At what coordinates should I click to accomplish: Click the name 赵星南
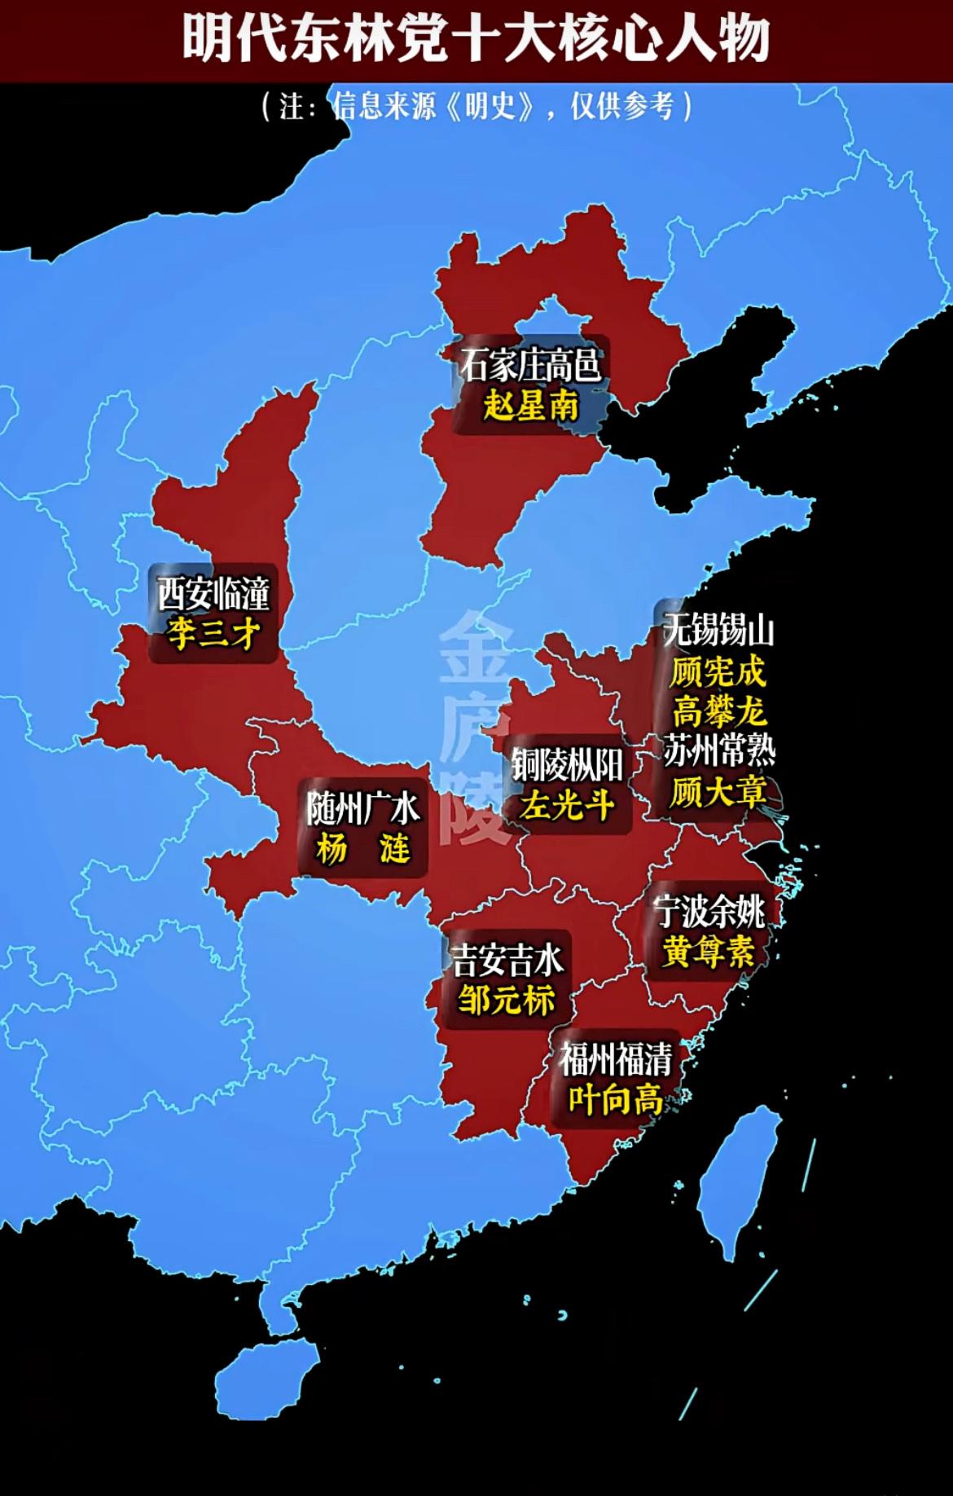tap(530, 405)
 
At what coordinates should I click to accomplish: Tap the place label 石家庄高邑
tap(530, 365)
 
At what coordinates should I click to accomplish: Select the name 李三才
tap(213, 633)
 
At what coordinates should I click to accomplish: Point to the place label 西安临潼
tap(213, 593)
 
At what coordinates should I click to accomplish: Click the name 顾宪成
tap(718, 672)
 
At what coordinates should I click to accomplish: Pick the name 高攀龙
tap(718, 711)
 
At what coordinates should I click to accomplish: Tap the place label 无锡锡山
tap(718, 631)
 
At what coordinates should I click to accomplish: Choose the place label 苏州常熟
tap(718, 750)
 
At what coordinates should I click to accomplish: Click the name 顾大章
tap(718, 790)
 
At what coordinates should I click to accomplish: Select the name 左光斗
tap(567, 805)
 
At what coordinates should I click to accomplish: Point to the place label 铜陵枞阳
tap(567, 764)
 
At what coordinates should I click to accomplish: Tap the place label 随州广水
tap(362, 808)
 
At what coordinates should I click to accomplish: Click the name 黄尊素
tap(708, 951)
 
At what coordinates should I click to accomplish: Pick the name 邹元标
tap(507, 1000)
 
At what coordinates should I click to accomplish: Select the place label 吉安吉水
tap(507, 961)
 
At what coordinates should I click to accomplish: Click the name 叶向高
tap(616, 1101)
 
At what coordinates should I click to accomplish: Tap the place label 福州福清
tap(616, 1060)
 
